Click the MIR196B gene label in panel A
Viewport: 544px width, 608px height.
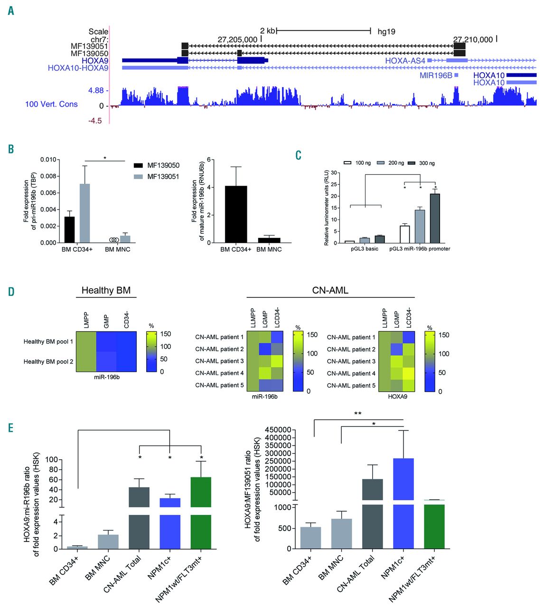click(435, 75)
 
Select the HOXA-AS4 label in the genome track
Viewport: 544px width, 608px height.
click(405, 60)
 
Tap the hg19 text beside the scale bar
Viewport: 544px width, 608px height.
click(386, 31)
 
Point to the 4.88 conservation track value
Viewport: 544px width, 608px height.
click(95, 90)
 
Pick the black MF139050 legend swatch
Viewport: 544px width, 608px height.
click(139, 165)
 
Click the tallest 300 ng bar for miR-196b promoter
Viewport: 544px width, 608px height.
click(435, 218)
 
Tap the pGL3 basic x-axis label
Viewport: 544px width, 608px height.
click(365, 249)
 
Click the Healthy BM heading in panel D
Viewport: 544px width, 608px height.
click(106, 290)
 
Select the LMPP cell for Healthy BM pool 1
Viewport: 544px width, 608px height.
click(86, 342)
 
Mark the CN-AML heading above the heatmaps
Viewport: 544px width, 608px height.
click(330, 290)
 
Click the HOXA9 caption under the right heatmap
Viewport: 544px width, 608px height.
click(397, 396)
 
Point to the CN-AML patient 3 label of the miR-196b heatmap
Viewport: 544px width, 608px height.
click(219, 361)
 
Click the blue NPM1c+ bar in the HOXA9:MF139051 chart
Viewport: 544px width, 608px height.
click(403, 503)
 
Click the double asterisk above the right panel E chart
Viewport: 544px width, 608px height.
click(358, 414)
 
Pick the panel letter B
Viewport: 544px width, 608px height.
click(11, 149)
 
